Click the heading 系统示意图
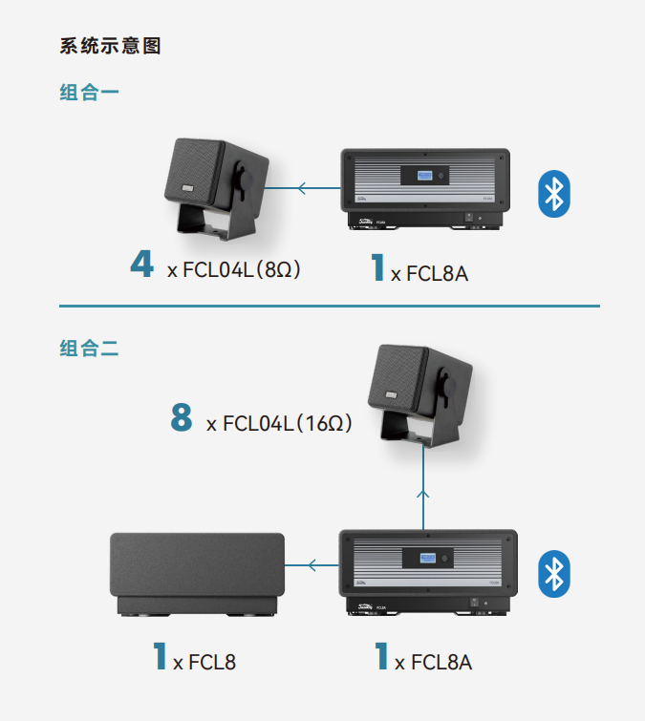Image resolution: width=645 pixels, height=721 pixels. coord(110,46)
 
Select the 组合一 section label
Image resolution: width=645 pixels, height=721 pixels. coord(89,93)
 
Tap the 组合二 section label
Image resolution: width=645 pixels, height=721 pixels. coord(89,350)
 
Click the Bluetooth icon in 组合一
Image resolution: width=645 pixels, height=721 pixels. coord(553,194)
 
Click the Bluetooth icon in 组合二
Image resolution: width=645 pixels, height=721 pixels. coord(553,573)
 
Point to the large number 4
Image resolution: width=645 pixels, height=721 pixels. coord(141,264)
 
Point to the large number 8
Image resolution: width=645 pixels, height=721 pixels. coord(182,417)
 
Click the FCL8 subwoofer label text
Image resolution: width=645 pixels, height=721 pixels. coord(213,661)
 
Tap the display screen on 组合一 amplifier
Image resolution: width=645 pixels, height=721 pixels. coord(429,177)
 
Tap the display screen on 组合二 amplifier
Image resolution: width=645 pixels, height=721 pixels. coord(429,558)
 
